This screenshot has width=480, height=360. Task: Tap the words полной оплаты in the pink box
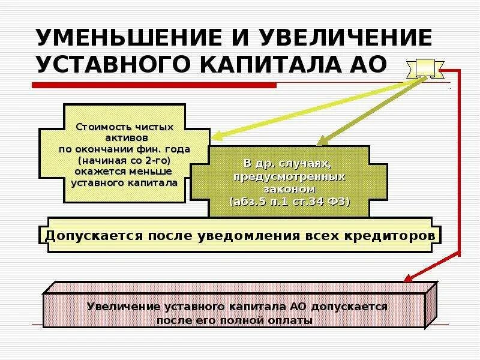(x=281, y=320)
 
